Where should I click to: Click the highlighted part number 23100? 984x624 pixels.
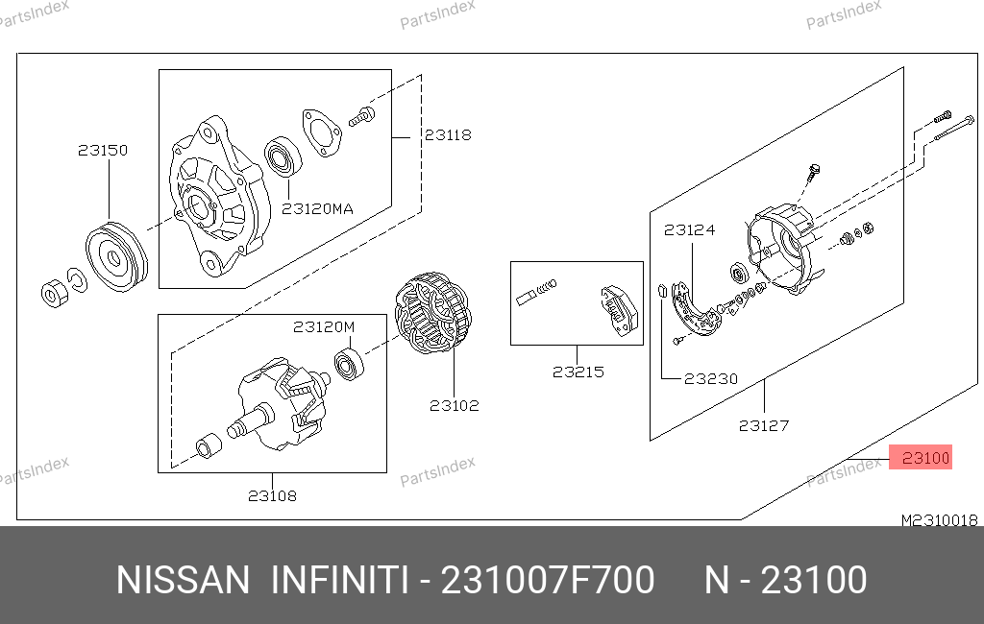(925, 459)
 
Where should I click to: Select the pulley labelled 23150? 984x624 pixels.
(116, 256)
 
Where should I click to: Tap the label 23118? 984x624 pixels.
(448, 134)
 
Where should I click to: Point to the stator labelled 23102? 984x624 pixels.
(433, 313)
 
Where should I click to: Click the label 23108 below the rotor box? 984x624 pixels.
(272, 496)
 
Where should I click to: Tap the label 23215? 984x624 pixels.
(578, 372)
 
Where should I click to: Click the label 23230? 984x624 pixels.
(710, 379)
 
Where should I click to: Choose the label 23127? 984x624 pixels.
(764, 426)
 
